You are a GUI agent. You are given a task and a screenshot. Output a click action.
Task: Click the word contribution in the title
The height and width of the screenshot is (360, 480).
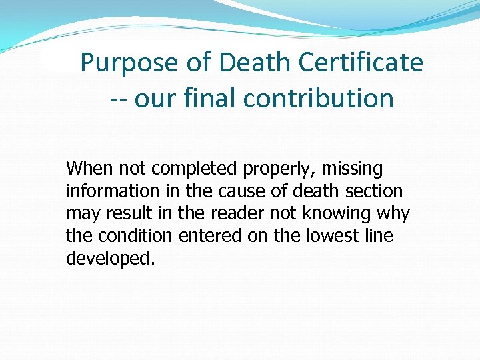tap(319, 98)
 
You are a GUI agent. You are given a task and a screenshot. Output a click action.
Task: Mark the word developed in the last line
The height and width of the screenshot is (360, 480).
tap(109, 259)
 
